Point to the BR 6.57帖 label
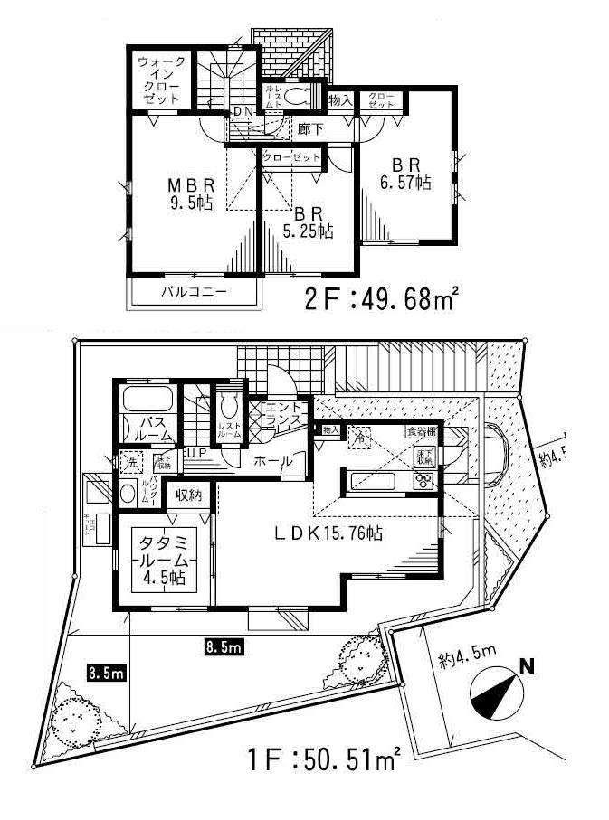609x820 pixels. click(x=404, y=173)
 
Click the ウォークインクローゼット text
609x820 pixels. click(x=162, y=80)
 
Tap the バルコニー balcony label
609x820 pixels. click(x=194, y=292)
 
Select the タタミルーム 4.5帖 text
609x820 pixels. click(x=162, y=561)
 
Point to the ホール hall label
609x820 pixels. click(x=273, y=461)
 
